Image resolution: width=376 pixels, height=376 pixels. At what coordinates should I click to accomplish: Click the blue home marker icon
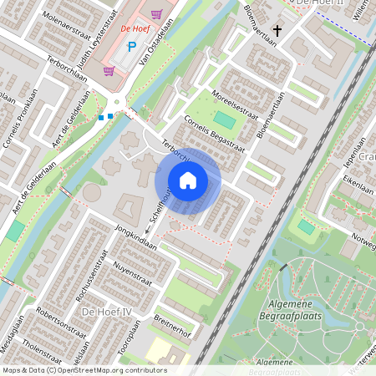pyautogui.click(x=188, y=180)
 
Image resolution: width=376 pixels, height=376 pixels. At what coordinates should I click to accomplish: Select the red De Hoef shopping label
pyautogui.click(x=135, y=28)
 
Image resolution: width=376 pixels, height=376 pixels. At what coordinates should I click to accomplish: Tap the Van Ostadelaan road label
pyautogui.click(x=150, y=55)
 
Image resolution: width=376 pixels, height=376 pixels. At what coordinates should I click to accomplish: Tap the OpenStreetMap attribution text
pyautogui.click(x=84, y=369)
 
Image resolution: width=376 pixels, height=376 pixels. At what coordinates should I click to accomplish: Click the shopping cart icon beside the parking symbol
pyautogui.click(x=157, y=14)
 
